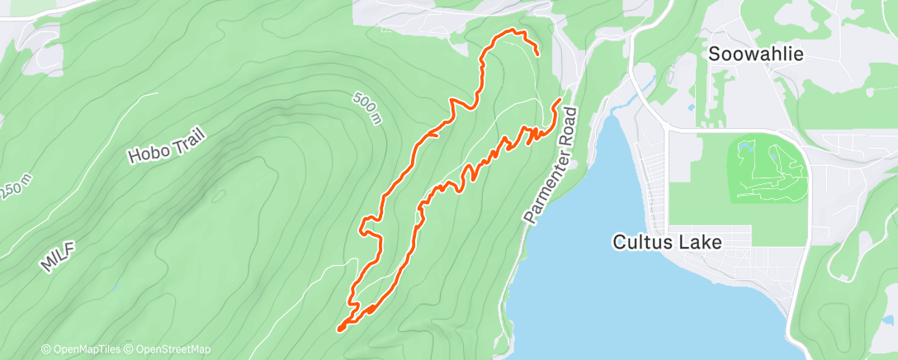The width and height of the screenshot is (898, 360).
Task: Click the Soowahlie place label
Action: coord(756,54)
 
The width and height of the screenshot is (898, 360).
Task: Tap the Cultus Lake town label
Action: coord(667,243)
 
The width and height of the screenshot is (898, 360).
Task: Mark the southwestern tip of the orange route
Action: coord(339,329)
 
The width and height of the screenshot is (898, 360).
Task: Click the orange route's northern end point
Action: coord(537,54)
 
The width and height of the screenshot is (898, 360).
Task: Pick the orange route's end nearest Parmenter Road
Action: coord(560,100)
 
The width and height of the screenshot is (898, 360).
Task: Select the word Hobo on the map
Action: coord(145,152)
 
